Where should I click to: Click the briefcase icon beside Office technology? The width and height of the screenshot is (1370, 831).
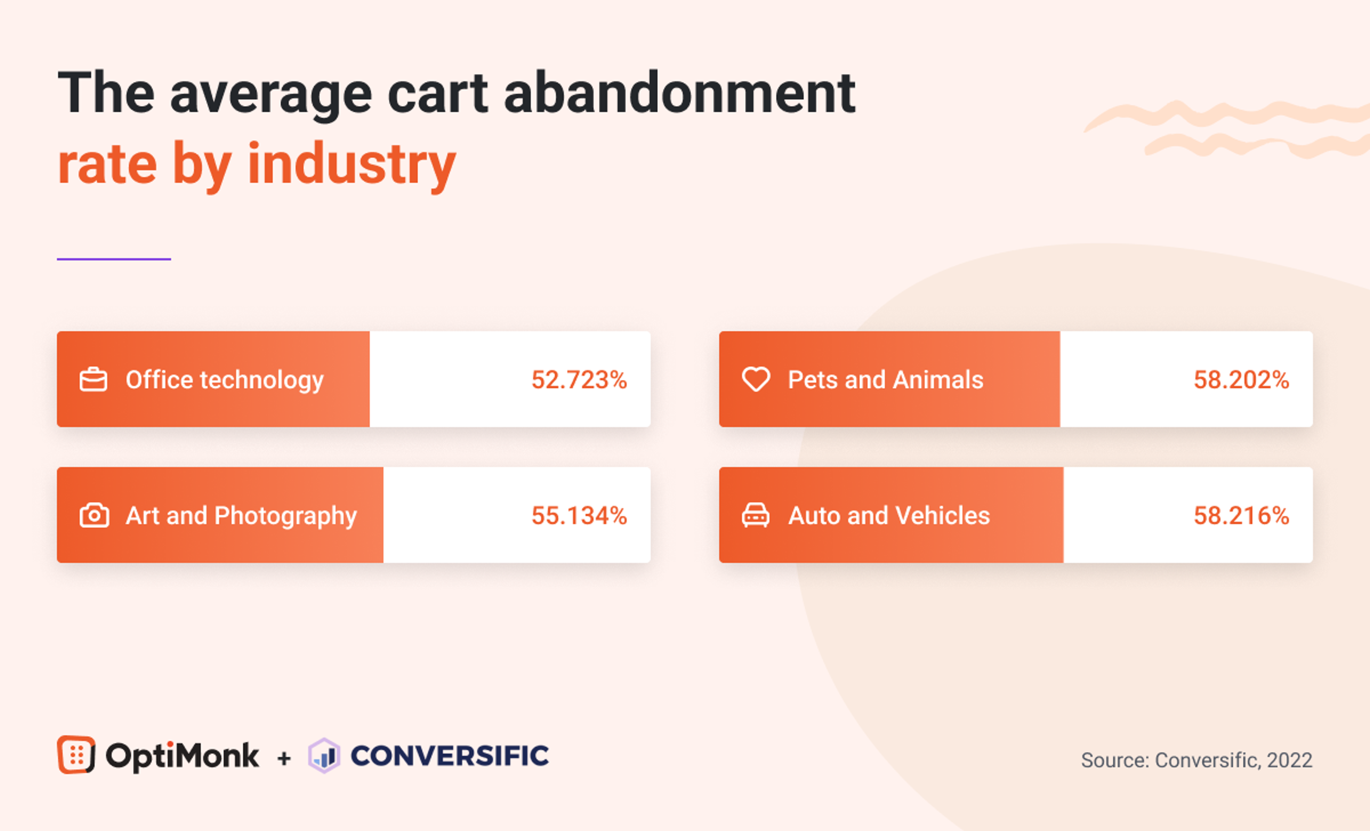pos(93,380)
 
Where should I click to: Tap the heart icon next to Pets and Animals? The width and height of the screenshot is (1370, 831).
pos(756,379)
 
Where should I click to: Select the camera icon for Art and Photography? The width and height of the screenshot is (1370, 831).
pos(94,515)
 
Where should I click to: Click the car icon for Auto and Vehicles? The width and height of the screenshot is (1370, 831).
pos(756,515)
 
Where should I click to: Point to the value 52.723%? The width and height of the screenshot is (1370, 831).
pos(579,380)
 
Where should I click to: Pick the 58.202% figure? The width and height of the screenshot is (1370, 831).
pos(1241,380)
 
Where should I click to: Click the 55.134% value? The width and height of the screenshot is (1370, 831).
pos(579,516)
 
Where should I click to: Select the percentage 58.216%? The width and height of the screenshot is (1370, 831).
pos(1241,516)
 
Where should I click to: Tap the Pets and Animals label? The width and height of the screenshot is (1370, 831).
pos(885,380)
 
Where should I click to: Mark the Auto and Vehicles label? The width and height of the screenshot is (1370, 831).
pos(888,516)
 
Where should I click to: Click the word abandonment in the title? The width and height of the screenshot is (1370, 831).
pos(679,93)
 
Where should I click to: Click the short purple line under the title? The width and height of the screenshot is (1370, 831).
pos(113,259)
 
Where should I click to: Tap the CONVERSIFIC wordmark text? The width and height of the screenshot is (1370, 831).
pos(449,756)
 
